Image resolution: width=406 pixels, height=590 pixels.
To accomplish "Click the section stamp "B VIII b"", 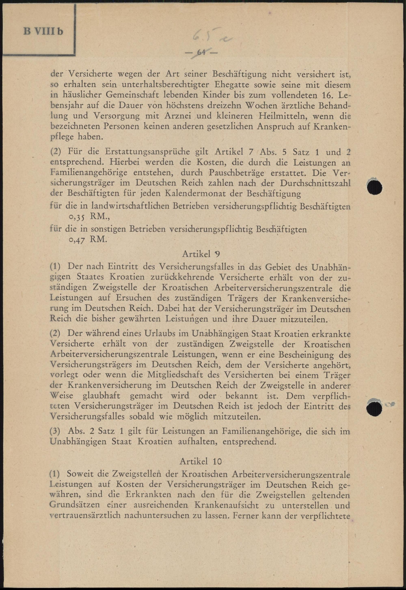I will coord(43,32).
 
